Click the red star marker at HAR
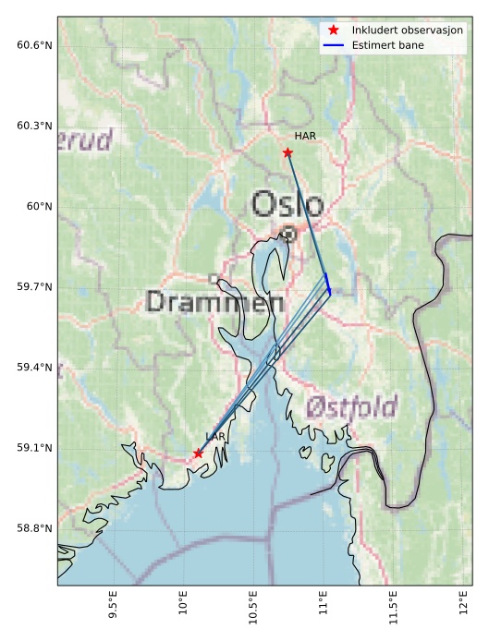[287, 152]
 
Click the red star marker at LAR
[198, 453]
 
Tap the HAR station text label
[305, 136]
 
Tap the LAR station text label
[215, 436]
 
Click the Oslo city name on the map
[287, 204]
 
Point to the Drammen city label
[214, 301]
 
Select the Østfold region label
[351, 406]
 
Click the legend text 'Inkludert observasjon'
[408, 30]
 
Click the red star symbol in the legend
[334, 30]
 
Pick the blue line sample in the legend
[334, 44]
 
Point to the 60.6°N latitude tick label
[34, 45]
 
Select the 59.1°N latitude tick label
[34, 448]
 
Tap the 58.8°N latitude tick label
[34, 528]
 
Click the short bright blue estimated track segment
[327, 283]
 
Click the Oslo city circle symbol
[289, 234]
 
